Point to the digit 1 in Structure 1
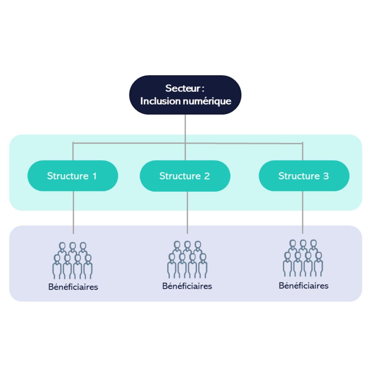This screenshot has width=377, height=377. coord(94,176)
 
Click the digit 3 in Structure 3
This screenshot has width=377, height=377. coord(326,176)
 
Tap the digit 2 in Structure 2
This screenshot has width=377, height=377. coord(206,176)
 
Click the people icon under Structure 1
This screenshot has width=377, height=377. coord(73,260)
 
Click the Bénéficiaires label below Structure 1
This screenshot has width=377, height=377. coord(73,287)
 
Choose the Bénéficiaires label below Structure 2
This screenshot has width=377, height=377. coord(187,286)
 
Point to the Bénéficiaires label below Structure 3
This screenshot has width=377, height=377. coord(303,286)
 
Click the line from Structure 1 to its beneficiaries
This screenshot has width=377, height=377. coord(73,212)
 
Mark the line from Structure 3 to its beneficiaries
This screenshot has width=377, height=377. coord(303,212)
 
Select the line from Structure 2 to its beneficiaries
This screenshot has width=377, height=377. coord(187,212)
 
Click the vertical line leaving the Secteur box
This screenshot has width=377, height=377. coord(185,129)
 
